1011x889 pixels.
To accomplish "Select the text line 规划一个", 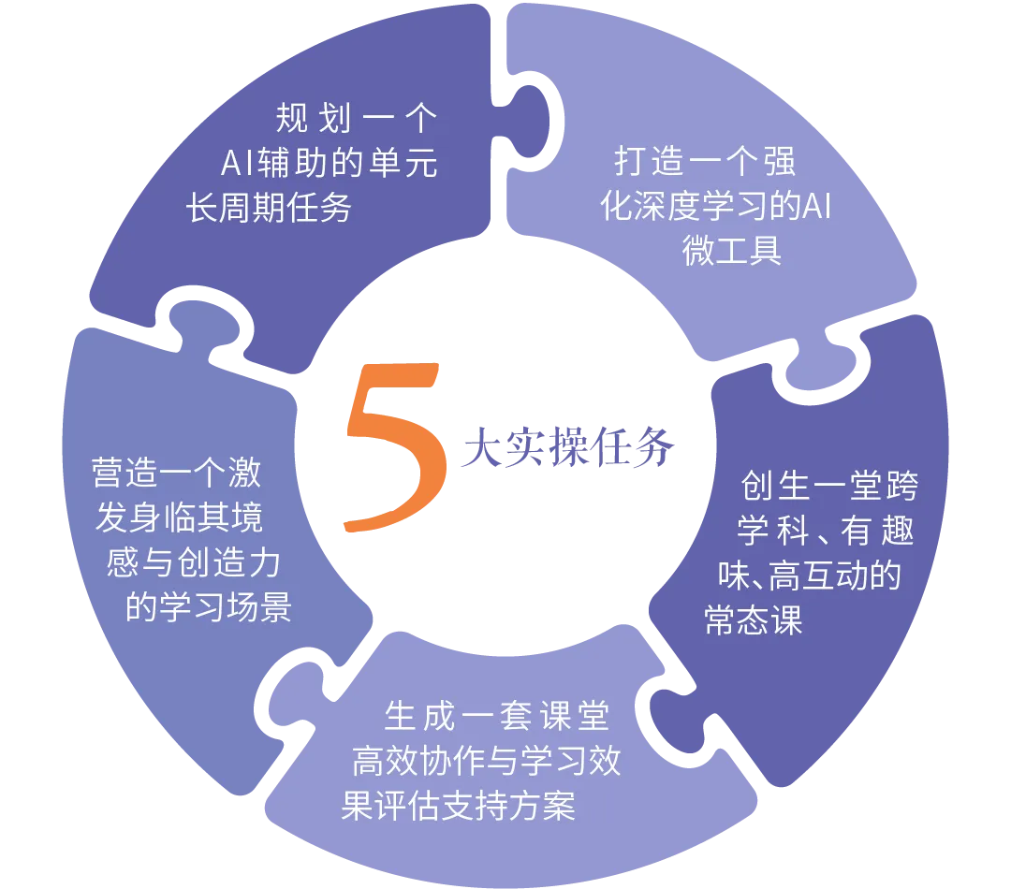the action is (357, 119).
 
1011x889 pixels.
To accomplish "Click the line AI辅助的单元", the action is (329, 163).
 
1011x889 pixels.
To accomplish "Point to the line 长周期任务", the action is (269, 207).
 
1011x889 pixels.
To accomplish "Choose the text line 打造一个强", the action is (705, 161).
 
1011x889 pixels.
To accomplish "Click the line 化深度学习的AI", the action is (716, 206).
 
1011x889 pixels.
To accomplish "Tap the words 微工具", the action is (732, 251).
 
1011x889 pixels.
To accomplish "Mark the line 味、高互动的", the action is (810, 576).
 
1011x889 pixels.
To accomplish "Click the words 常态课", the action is (754, 620).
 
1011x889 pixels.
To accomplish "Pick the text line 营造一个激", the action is (176, 473).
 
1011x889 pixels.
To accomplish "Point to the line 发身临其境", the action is (179, 517).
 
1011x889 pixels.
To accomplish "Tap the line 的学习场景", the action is (209, 607).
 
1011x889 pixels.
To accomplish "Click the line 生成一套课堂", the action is (497, 717).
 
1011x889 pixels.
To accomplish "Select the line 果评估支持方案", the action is (459, 807).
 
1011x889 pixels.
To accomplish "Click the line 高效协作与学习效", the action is (486, 762).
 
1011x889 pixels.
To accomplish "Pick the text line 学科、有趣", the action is (825, 531).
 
